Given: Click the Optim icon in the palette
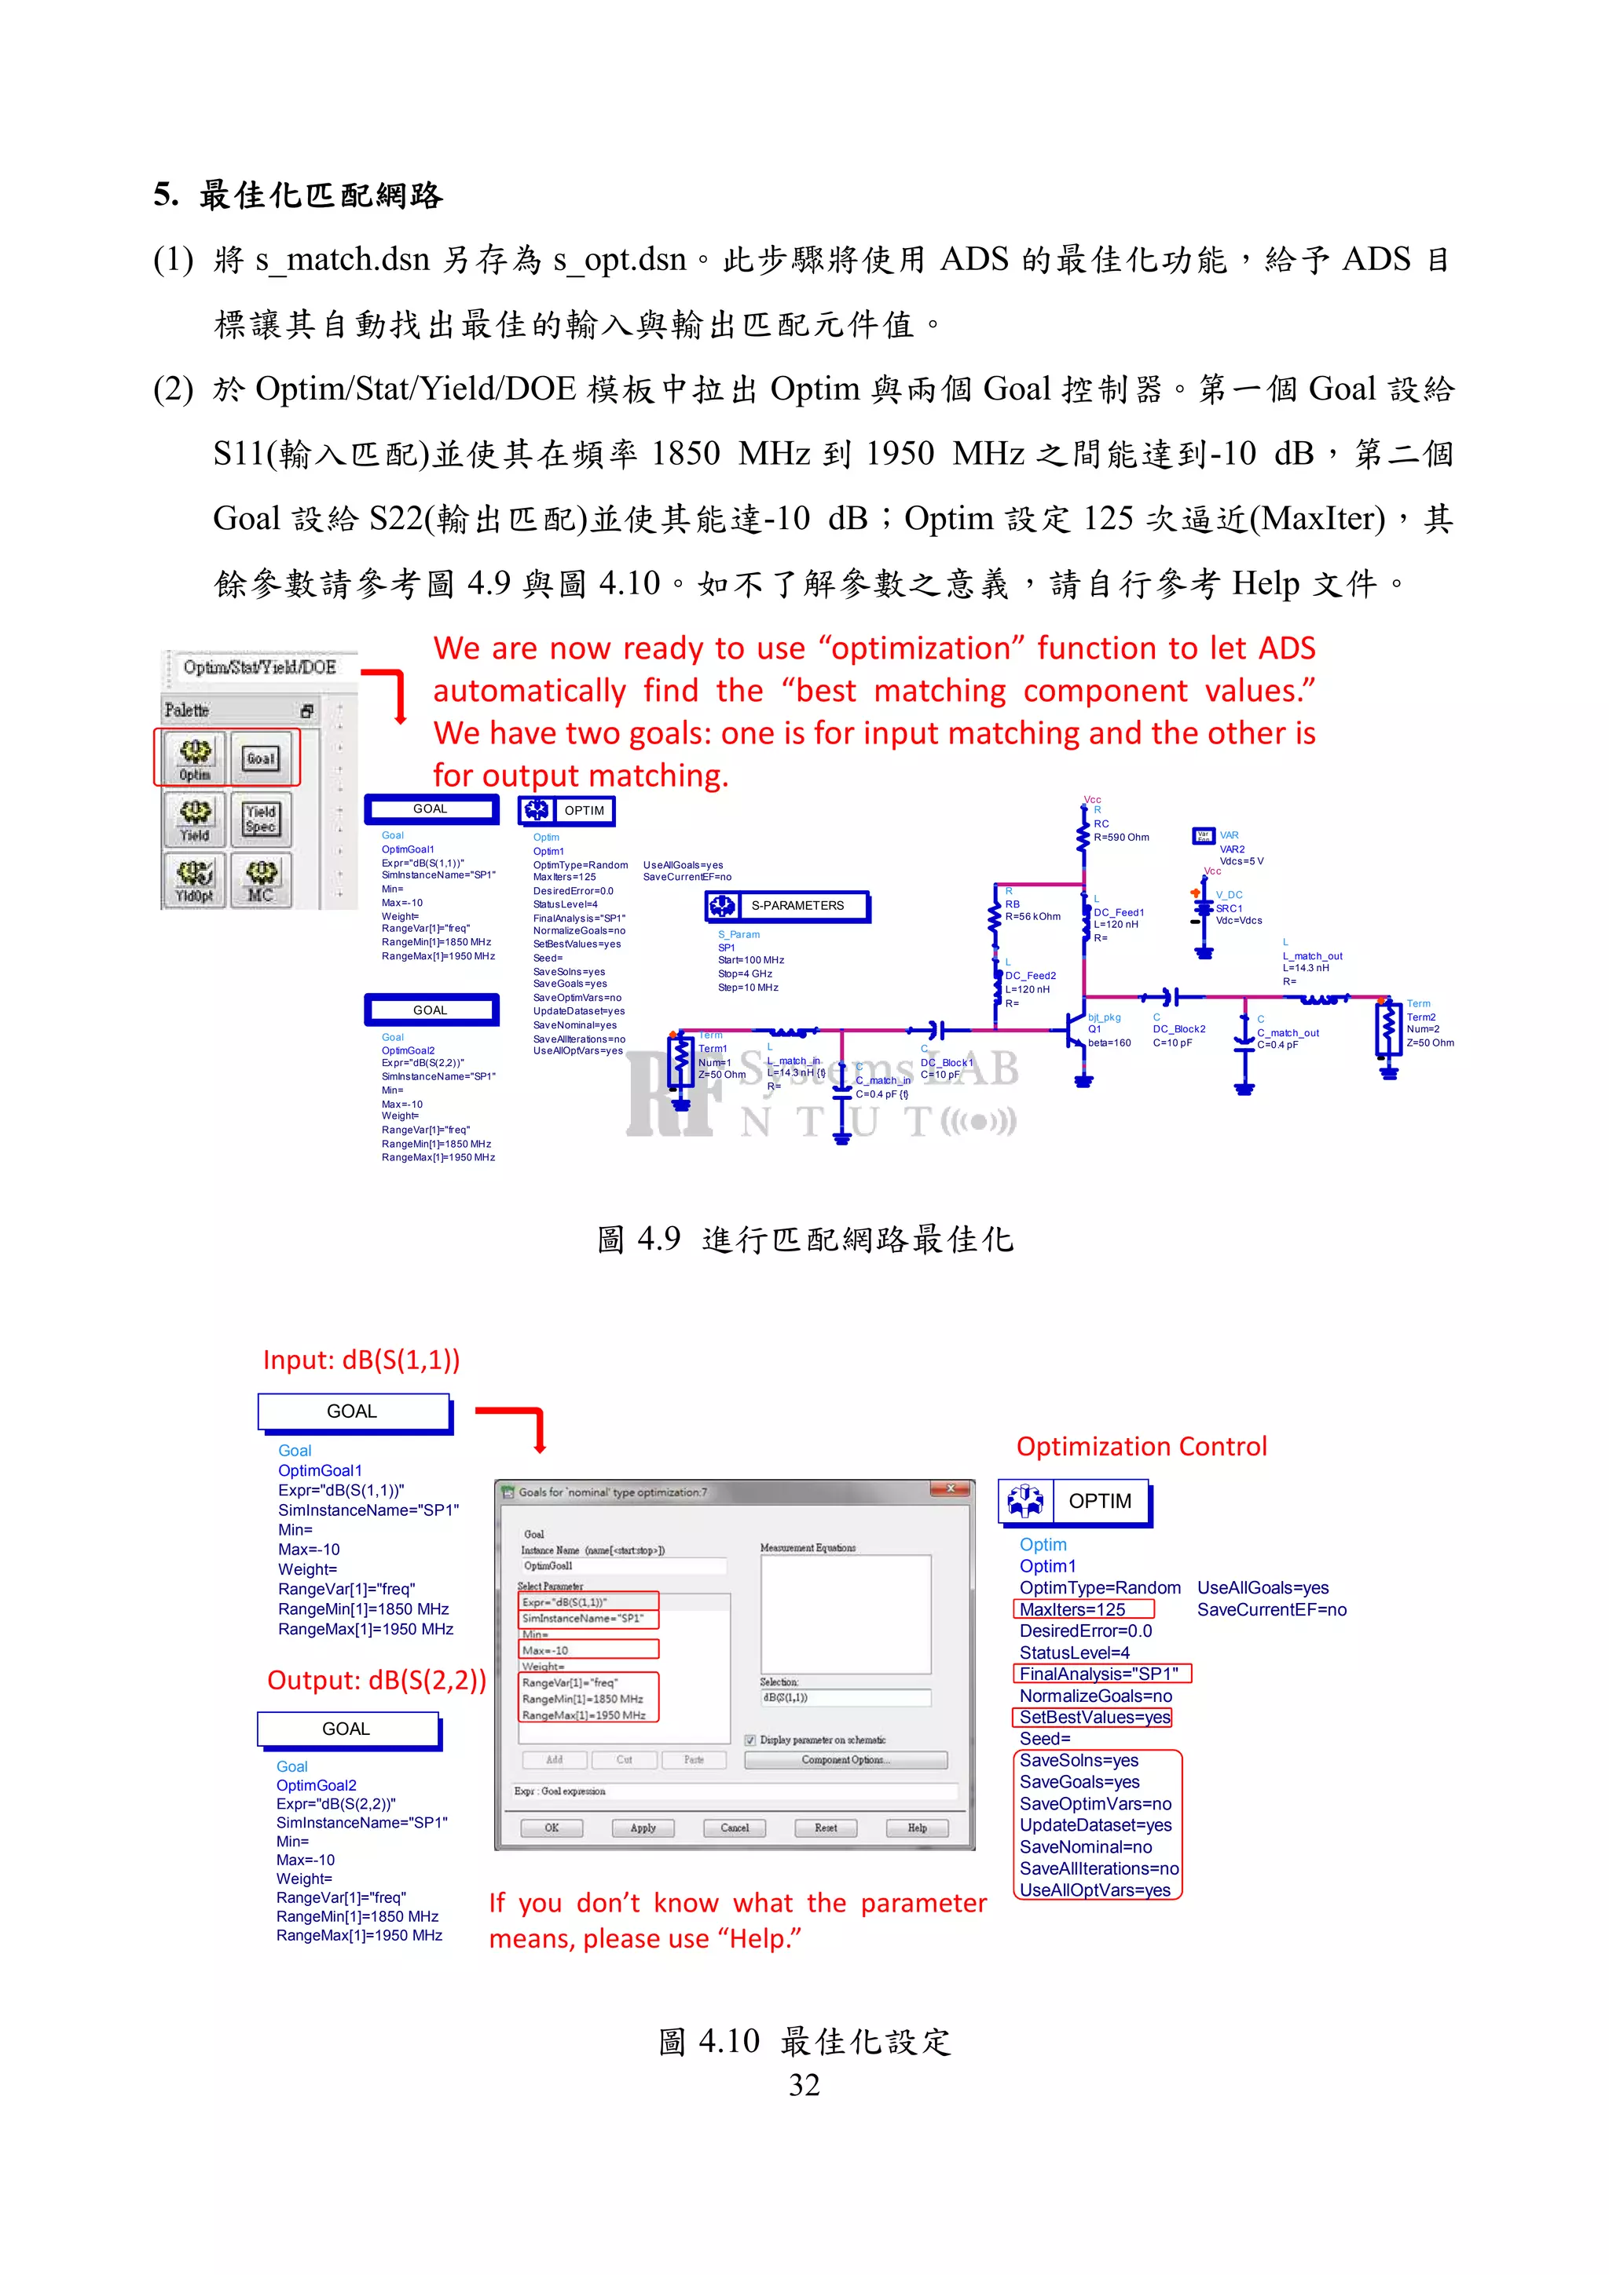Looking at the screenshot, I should [196, 758].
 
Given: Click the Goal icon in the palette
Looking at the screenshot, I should [261, 758].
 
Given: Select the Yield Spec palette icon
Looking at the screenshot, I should [261, 819].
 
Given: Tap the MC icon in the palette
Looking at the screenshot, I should [261, 879].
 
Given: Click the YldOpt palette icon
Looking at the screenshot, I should [196, 879].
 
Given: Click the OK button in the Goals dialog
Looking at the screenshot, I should [552, 1827].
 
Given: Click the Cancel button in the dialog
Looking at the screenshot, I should [735, 1827].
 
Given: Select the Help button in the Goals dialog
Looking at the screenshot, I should [917, 1827].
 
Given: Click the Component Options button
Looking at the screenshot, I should [845, 1760].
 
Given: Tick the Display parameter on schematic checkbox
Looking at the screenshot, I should [750, 1740].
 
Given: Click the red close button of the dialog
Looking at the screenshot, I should [950, 1489].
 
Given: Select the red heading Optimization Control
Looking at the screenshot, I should [1141, 1447].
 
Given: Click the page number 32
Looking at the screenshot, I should [804, 2086].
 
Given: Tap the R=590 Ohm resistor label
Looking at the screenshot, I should [1121, 838].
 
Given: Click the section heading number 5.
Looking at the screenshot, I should [164, 194].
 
